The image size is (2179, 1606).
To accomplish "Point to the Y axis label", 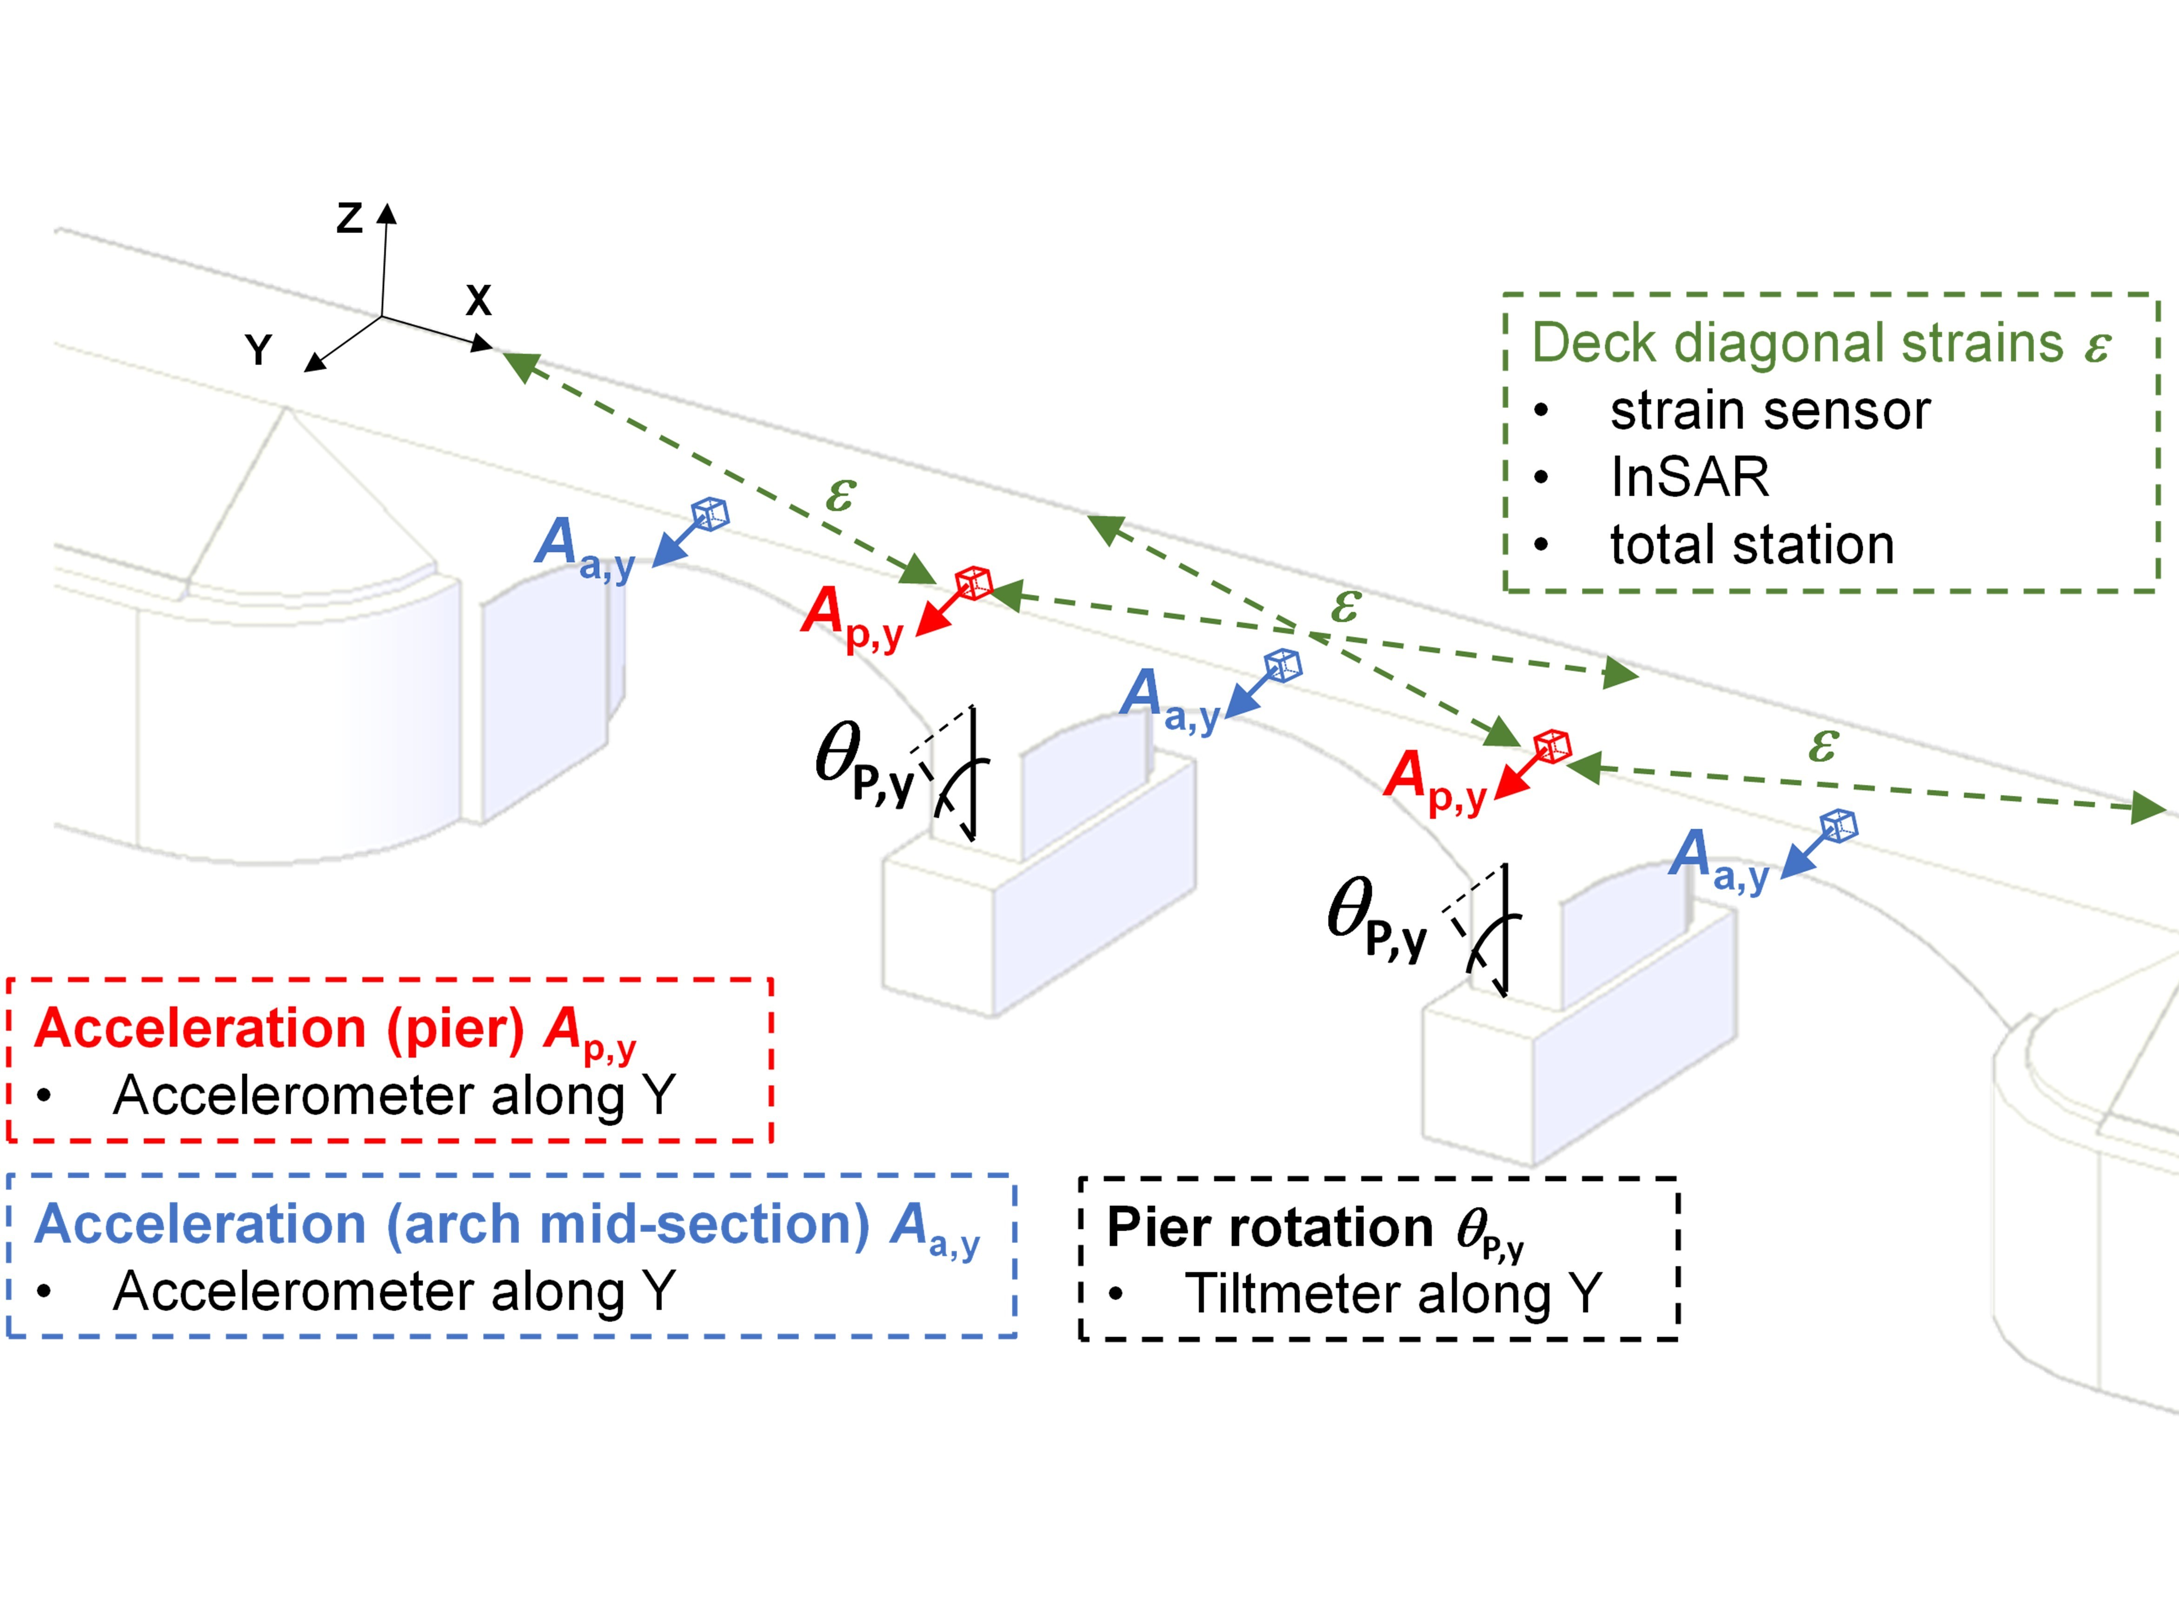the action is click(258, 349).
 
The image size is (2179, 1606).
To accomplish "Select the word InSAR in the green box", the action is click(1689, 476).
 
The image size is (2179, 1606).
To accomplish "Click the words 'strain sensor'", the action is click(1770, 410).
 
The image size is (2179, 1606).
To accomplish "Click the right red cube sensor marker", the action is click(1552, 746).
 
